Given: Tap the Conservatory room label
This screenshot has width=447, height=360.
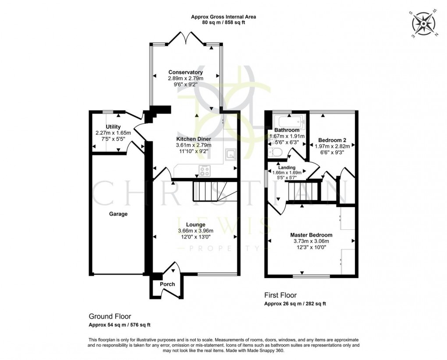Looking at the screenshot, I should [x=186, y=72].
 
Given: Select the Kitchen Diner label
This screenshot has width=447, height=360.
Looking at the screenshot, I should [x=193, y=139].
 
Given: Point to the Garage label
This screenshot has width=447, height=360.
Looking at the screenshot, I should [x=118, y=214].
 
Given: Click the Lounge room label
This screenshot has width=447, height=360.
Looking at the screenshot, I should [x=195, y=225].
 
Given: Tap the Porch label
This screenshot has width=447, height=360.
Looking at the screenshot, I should [x=167, y=284].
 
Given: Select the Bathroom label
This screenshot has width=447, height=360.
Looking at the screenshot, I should [x=287, y=130].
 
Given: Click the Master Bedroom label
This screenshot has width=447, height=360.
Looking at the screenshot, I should [x=312, y=235].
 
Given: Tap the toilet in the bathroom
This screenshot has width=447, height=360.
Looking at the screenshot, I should [x=276, y=152].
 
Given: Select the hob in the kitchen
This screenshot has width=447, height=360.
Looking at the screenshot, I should [x=205, y=170].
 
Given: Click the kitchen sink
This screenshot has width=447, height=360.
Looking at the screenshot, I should [x=230, y=153].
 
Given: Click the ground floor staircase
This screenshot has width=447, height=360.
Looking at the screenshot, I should [x=210, y=191].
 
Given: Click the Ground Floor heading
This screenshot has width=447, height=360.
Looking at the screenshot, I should [x=110, y=316].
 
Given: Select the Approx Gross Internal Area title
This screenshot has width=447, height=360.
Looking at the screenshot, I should [x=223, y=17].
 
